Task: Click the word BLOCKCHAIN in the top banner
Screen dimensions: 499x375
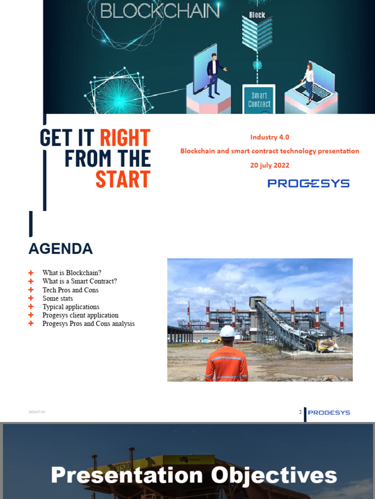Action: click(x=159, y=11)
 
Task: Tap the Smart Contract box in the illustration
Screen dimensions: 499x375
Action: click(x=259, y=99)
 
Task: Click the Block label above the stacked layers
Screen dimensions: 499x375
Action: click(x=257, y=15)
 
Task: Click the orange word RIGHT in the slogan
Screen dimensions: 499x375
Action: click(x=125, y=138)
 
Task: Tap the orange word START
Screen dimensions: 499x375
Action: click(x=123, y=179)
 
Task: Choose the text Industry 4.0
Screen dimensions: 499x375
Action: click(x=270, y=137)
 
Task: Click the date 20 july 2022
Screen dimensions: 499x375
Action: click(x=270, y=165)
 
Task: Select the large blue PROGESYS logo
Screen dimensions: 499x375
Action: click(x=309, y=183)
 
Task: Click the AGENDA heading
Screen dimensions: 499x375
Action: click(x=61, y=249)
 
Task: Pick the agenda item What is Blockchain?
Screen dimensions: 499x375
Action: click(x=72, y=273)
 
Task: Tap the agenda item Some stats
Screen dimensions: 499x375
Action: click(x=58, y=298)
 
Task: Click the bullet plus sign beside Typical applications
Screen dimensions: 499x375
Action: click(x=31, y=307)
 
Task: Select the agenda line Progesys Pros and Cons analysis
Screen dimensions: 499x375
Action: click(x=88, y=324)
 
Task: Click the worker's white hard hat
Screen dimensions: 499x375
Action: click(x=228, y=332)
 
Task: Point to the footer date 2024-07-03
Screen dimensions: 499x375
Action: click(x=37, y=412)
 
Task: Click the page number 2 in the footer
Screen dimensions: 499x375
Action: click(x=300, y=412)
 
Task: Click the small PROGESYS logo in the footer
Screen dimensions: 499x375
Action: click(x=329, y=412)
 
